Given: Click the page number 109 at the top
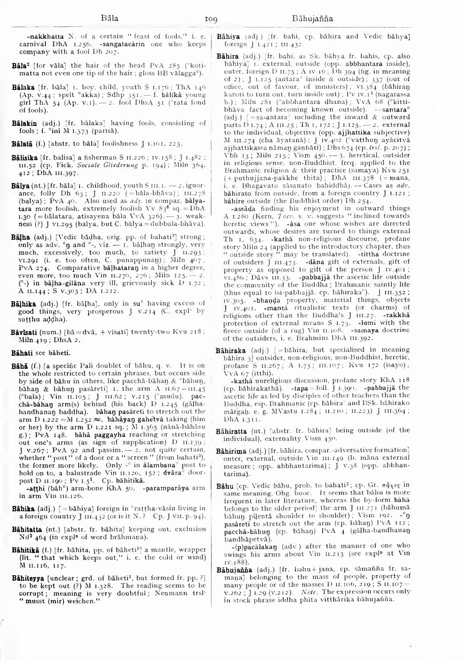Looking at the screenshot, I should (x=211, y=19).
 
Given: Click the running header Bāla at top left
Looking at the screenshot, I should (x=109, y=19).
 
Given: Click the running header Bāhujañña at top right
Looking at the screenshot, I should (x=312, y=19).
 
